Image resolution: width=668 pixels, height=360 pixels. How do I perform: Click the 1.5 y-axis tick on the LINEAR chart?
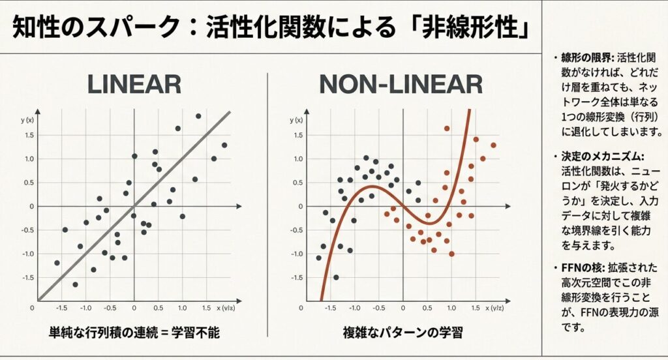coord(28,135)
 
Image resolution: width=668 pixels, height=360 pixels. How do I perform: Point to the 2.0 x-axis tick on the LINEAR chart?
coord(229,307)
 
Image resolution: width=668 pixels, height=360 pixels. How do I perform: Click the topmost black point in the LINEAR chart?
coord(198,116)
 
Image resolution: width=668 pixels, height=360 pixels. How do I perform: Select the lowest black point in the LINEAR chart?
coord(75,284)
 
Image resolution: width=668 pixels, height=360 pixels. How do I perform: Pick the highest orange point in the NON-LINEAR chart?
coord(447,128)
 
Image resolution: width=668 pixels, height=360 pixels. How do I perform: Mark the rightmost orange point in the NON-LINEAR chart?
coord(493,145)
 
